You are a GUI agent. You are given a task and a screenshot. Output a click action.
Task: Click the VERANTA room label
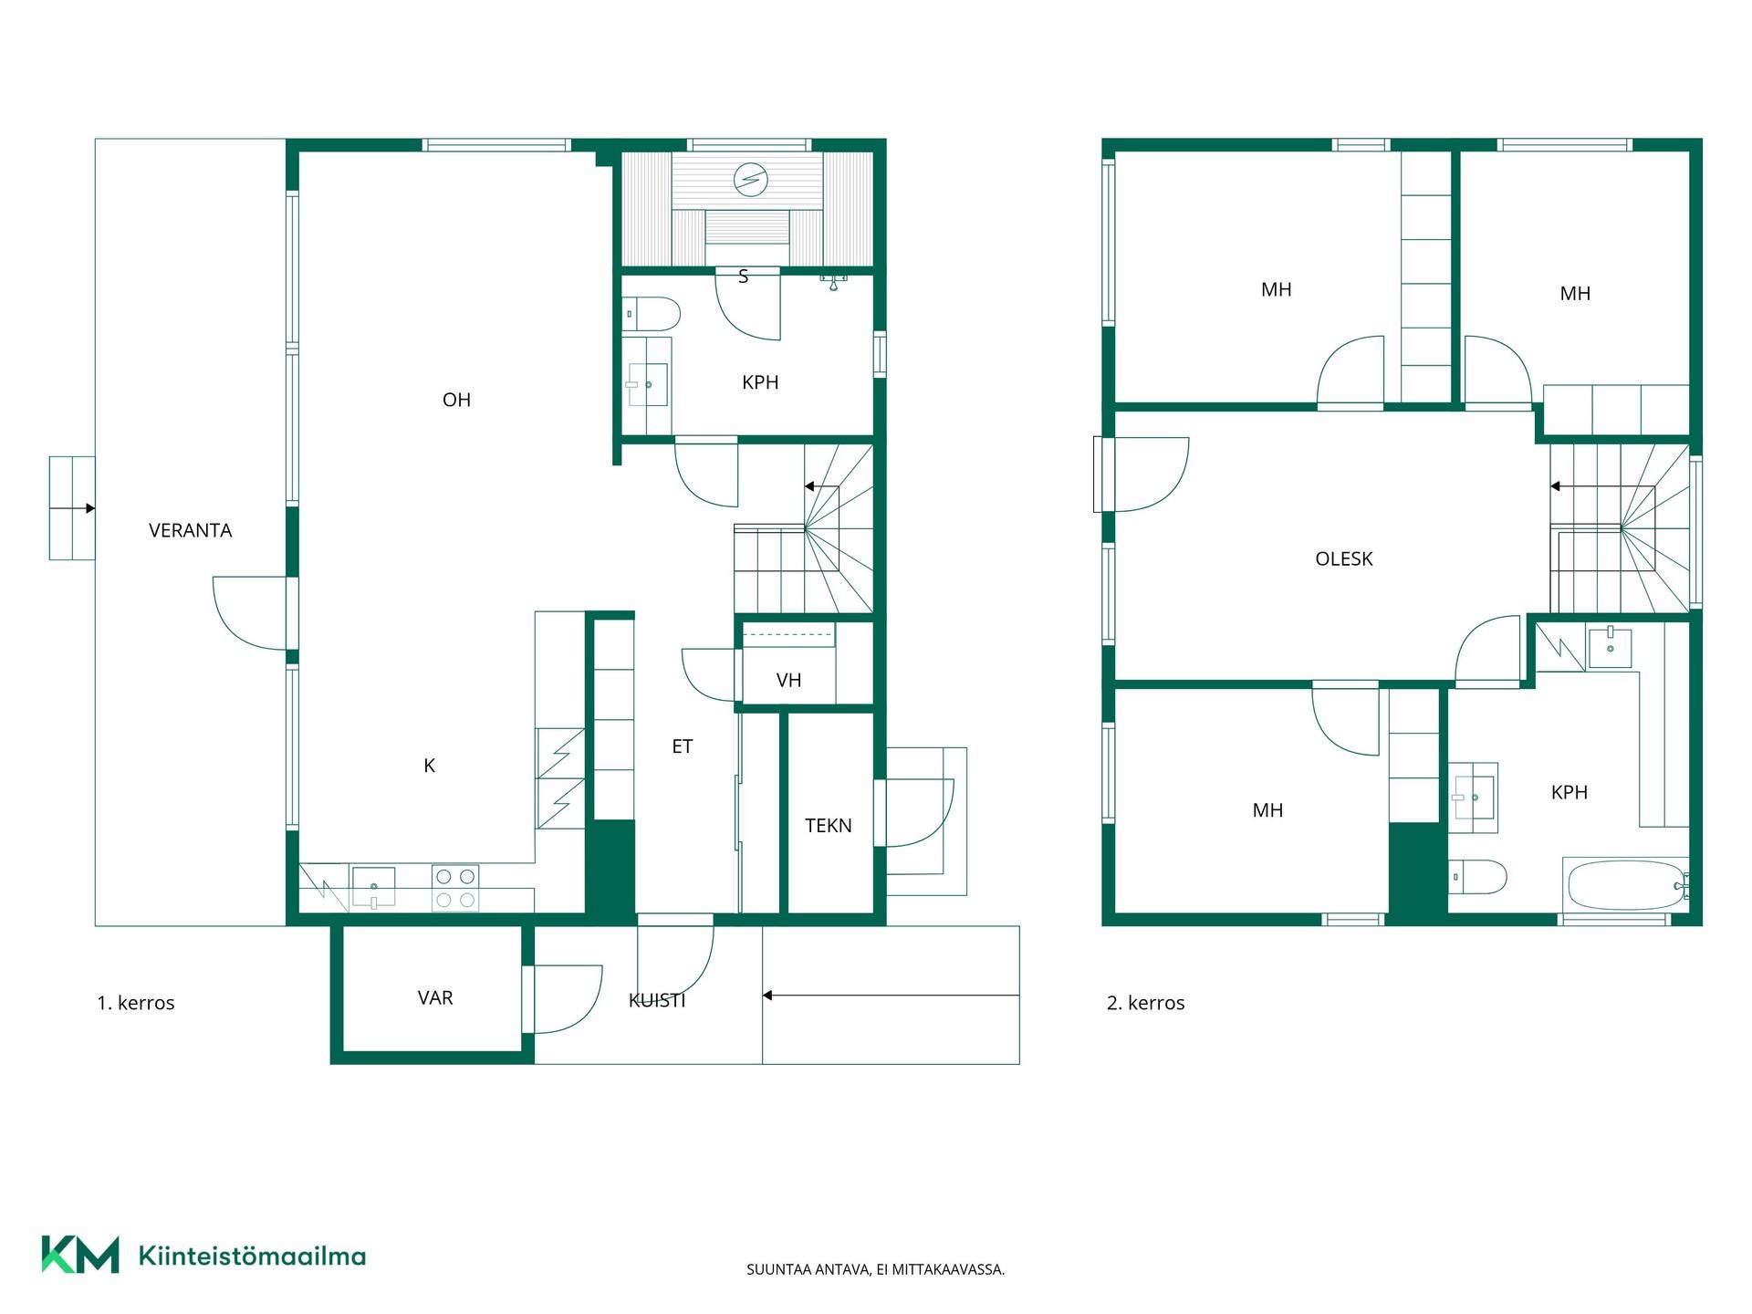[x=190, y=530]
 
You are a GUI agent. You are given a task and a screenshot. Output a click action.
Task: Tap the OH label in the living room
[x=456, y=400]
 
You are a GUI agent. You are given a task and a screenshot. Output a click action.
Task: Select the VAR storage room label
[x=435, y=997]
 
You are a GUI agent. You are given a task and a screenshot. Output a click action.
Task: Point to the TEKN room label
[x=828, y=826]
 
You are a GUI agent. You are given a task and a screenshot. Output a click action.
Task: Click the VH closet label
[x=788, y=680]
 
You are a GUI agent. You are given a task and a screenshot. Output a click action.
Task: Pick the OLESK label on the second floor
[x=1343, y=558]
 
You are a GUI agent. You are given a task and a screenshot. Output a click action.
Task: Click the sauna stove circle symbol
[x=750, y=179]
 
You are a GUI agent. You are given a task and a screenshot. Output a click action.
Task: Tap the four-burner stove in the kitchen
[x=455, y=888]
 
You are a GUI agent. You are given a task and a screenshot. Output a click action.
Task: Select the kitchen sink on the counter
[x=373, y=888]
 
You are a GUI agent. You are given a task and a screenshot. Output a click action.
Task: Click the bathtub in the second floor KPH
[x=1626, y=884]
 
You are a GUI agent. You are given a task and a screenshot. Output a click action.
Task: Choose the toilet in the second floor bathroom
[x=1477, y=877]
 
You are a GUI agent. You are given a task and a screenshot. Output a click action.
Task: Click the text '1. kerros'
[x=135, y=1003]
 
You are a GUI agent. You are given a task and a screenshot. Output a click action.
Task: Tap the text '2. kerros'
[x=1145, y=1003]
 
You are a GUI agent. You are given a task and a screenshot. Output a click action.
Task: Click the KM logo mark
[x=80, y=1255]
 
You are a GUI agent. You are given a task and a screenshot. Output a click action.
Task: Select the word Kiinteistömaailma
[x=252, y=1256]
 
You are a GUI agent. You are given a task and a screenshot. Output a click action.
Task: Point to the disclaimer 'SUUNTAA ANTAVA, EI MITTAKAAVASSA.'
[x=875, y=1269]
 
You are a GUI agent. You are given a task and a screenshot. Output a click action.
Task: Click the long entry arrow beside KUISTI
[x=891, y=996]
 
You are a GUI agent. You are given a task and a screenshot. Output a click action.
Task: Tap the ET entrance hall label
[x=682, y=746]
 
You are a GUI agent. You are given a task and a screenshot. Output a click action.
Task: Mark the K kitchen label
[x=429, y=766]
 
